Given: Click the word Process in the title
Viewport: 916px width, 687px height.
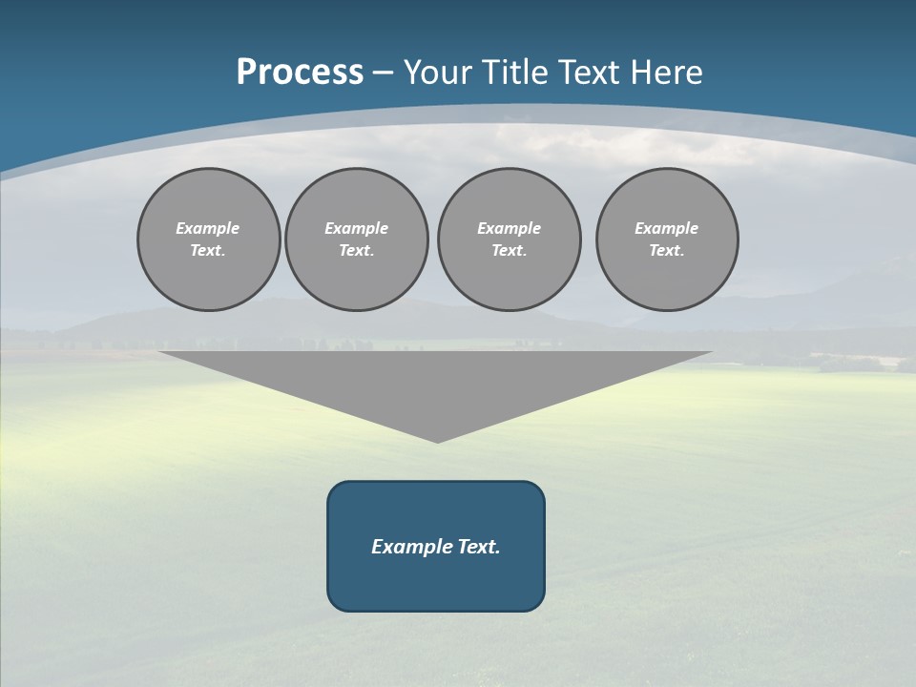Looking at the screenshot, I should pos(300,73).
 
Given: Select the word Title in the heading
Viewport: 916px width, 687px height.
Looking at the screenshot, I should pos(518,73).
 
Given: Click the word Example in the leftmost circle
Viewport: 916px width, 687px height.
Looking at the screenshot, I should pos(208,228).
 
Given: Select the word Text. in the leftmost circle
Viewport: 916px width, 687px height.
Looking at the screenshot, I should pos(208,250).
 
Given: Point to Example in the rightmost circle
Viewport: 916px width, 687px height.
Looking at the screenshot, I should pos(667,228).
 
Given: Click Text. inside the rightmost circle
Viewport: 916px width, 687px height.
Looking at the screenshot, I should pos(667,250).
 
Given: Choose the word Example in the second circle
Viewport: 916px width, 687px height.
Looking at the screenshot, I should pos(357,228).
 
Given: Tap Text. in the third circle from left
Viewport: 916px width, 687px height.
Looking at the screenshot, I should pos(510,250).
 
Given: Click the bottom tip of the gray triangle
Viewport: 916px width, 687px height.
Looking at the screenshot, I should pos(437,440).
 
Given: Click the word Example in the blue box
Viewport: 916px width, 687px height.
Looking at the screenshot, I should pos(406,547).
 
